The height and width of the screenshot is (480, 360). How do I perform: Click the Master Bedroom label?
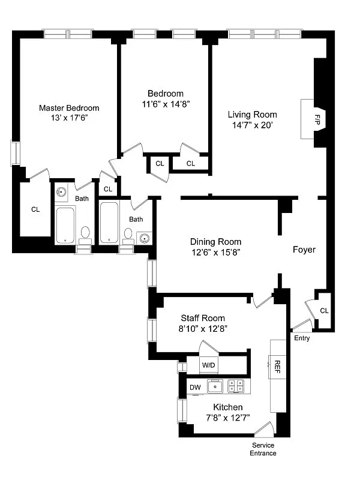[x=69, y=108]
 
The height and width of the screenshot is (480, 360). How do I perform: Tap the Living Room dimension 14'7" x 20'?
[x=252, y=125]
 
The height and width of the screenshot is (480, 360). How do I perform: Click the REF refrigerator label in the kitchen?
[x=277, y=364]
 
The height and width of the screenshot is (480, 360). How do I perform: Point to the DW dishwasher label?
[x=195, y=388]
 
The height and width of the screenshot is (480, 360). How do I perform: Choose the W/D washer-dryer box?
[x=208, y=364]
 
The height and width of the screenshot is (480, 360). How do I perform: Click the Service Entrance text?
[x=263, y=449]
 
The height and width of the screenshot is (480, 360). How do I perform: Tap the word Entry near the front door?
[x=302, y=338]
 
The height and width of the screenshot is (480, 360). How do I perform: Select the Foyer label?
[x=304, y=250]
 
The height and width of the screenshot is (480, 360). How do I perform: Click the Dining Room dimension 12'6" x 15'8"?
[x=216, y=253]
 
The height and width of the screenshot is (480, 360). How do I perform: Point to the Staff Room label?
[x=203, y=318]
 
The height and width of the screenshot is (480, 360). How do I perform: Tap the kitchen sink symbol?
[x=215, y=387]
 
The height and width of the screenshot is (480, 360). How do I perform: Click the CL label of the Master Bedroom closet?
[x=35, y=209]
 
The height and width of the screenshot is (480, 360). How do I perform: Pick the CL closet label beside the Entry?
[x=324, y=310]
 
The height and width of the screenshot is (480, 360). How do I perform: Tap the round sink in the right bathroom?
[x=144, y=238]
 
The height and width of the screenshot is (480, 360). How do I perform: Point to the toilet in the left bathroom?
[x=85, y=233]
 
